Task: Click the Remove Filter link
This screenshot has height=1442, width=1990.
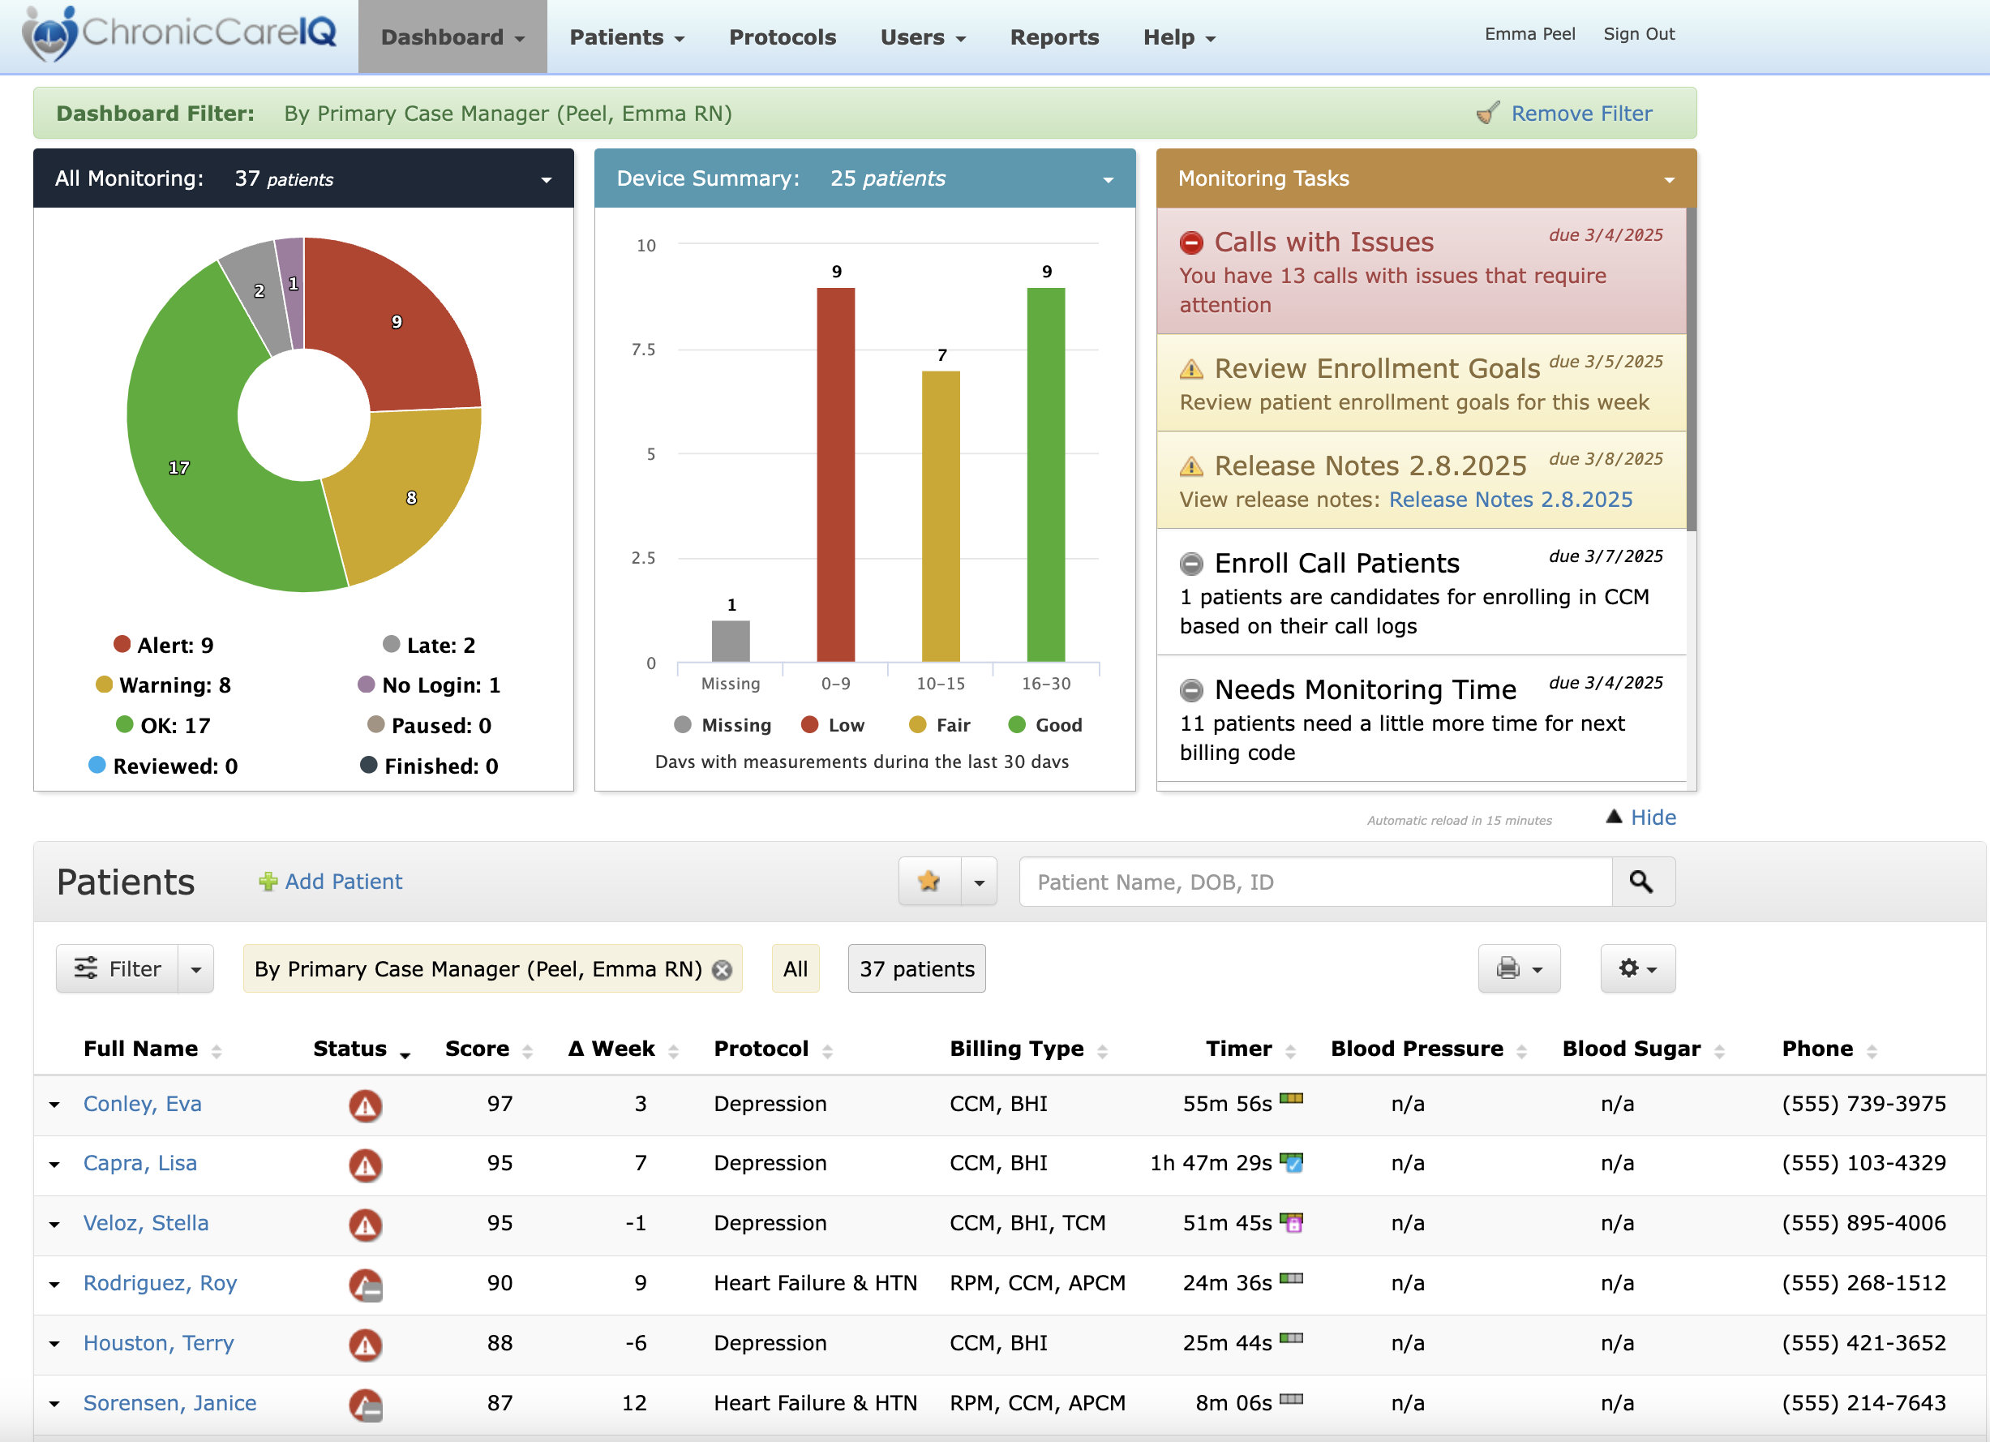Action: (x=1580, y=114)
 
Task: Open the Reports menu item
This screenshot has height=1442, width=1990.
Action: (x=1053, y=36)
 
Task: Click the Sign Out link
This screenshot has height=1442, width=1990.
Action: (x=1638, y=34)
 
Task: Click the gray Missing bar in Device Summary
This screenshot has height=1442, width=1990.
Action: (x=730, y=641)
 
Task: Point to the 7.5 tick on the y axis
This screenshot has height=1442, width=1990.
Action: (x=643, y=350)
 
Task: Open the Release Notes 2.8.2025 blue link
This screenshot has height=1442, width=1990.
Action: (x=1510, y=500)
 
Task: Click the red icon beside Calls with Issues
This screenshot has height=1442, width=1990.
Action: (x=1191, y=242)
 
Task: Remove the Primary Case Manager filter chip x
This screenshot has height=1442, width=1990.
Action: (x=722, y=970)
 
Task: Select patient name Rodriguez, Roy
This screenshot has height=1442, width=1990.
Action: (x=160, y=1283)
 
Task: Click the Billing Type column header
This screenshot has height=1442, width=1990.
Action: (x=1016, y=1049)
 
